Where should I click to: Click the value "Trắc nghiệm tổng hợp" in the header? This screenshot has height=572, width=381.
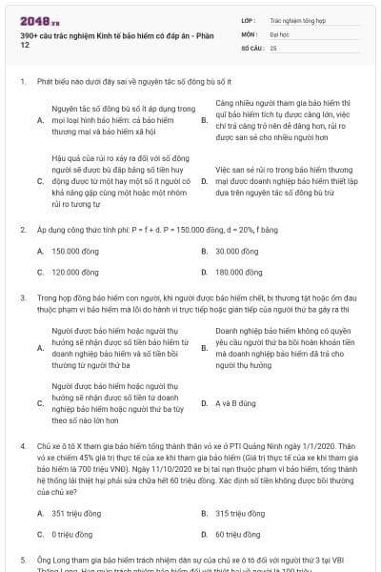(x=296, y=18)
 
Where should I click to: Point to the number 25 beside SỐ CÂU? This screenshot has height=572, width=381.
(x=273, y=47)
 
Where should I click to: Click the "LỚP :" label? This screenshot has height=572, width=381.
(x=251, y=18)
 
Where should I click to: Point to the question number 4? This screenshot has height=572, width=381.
(x=22, y=445)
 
